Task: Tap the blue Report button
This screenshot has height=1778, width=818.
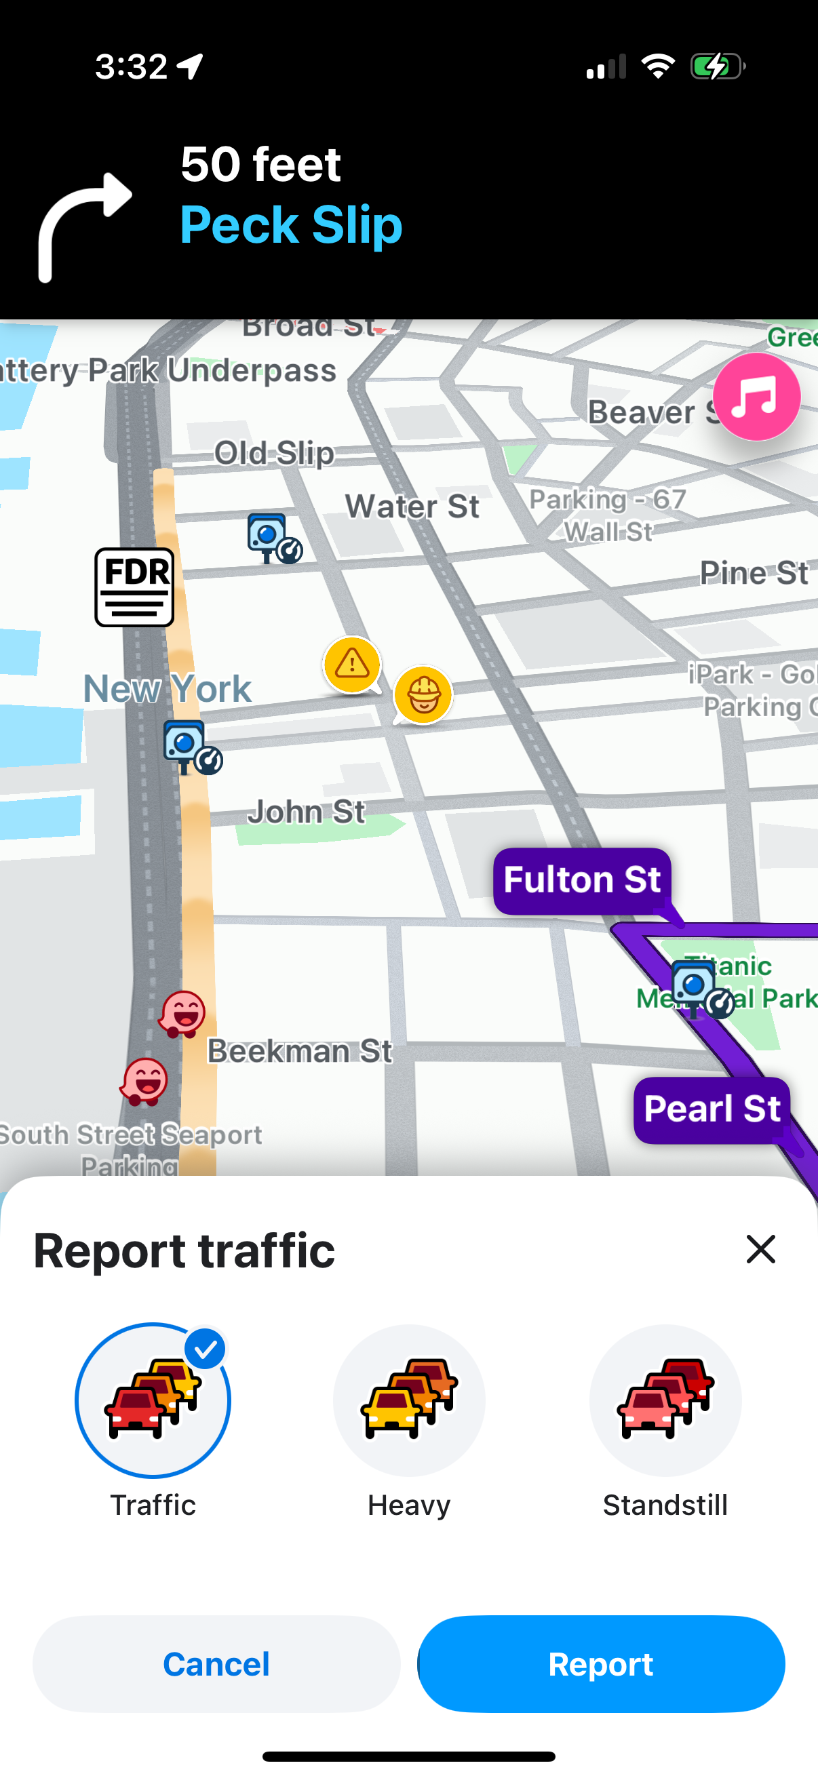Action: click(x=600, y=1663)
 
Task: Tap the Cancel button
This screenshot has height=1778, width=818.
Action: click(x=216, y=1663)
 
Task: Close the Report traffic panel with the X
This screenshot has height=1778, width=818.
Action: click(x=761, y=1249)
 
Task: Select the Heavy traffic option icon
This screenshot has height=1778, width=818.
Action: click(x=408, y=1400)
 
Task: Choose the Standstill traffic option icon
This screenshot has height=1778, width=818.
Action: click(x=665, y=1400)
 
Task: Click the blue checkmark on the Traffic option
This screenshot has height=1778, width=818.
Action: click(x=206, y=1349)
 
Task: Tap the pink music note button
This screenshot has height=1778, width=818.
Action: click(x=756, y=397)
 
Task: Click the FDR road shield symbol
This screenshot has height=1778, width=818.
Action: click(x=134, y=587)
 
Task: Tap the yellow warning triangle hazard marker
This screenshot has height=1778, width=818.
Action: click(x=352, y=665)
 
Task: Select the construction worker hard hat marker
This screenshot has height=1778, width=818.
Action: click(x=423, y=694)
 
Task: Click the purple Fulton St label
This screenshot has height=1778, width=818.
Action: click(x=582, y=880)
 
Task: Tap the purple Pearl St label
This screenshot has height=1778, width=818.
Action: click(x=712, y=1109)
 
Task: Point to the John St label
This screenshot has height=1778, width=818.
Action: click(x=306, y=812)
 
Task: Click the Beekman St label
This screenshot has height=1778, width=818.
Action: click(x=300, y=1051)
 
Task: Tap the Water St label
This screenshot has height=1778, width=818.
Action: click(x=412, y=507)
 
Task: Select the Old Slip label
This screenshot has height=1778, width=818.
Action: click(x=274, y=453)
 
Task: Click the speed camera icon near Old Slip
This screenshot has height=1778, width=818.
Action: click(x=273, y=538)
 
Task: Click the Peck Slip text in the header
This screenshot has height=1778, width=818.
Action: click(x=290, y=225)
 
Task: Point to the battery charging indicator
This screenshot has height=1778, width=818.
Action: click(x=717, y=67)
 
